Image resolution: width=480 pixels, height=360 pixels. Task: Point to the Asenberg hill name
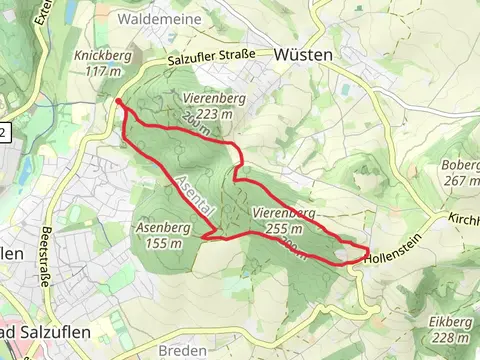coord(161,228)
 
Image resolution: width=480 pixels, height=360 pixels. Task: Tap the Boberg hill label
coord(461,167)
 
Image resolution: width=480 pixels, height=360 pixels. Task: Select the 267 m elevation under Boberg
coord(461,181)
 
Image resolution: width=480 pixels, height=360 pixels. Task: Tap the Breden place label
coord(183,350)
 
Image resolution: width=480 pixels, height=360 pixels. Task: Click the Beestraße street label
coord(46,261)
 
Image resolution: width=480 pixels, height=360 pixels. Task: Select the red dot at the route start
coord(119,102)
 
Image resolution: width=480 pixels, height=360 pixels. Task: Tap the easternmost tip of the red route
coord(368,251)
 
